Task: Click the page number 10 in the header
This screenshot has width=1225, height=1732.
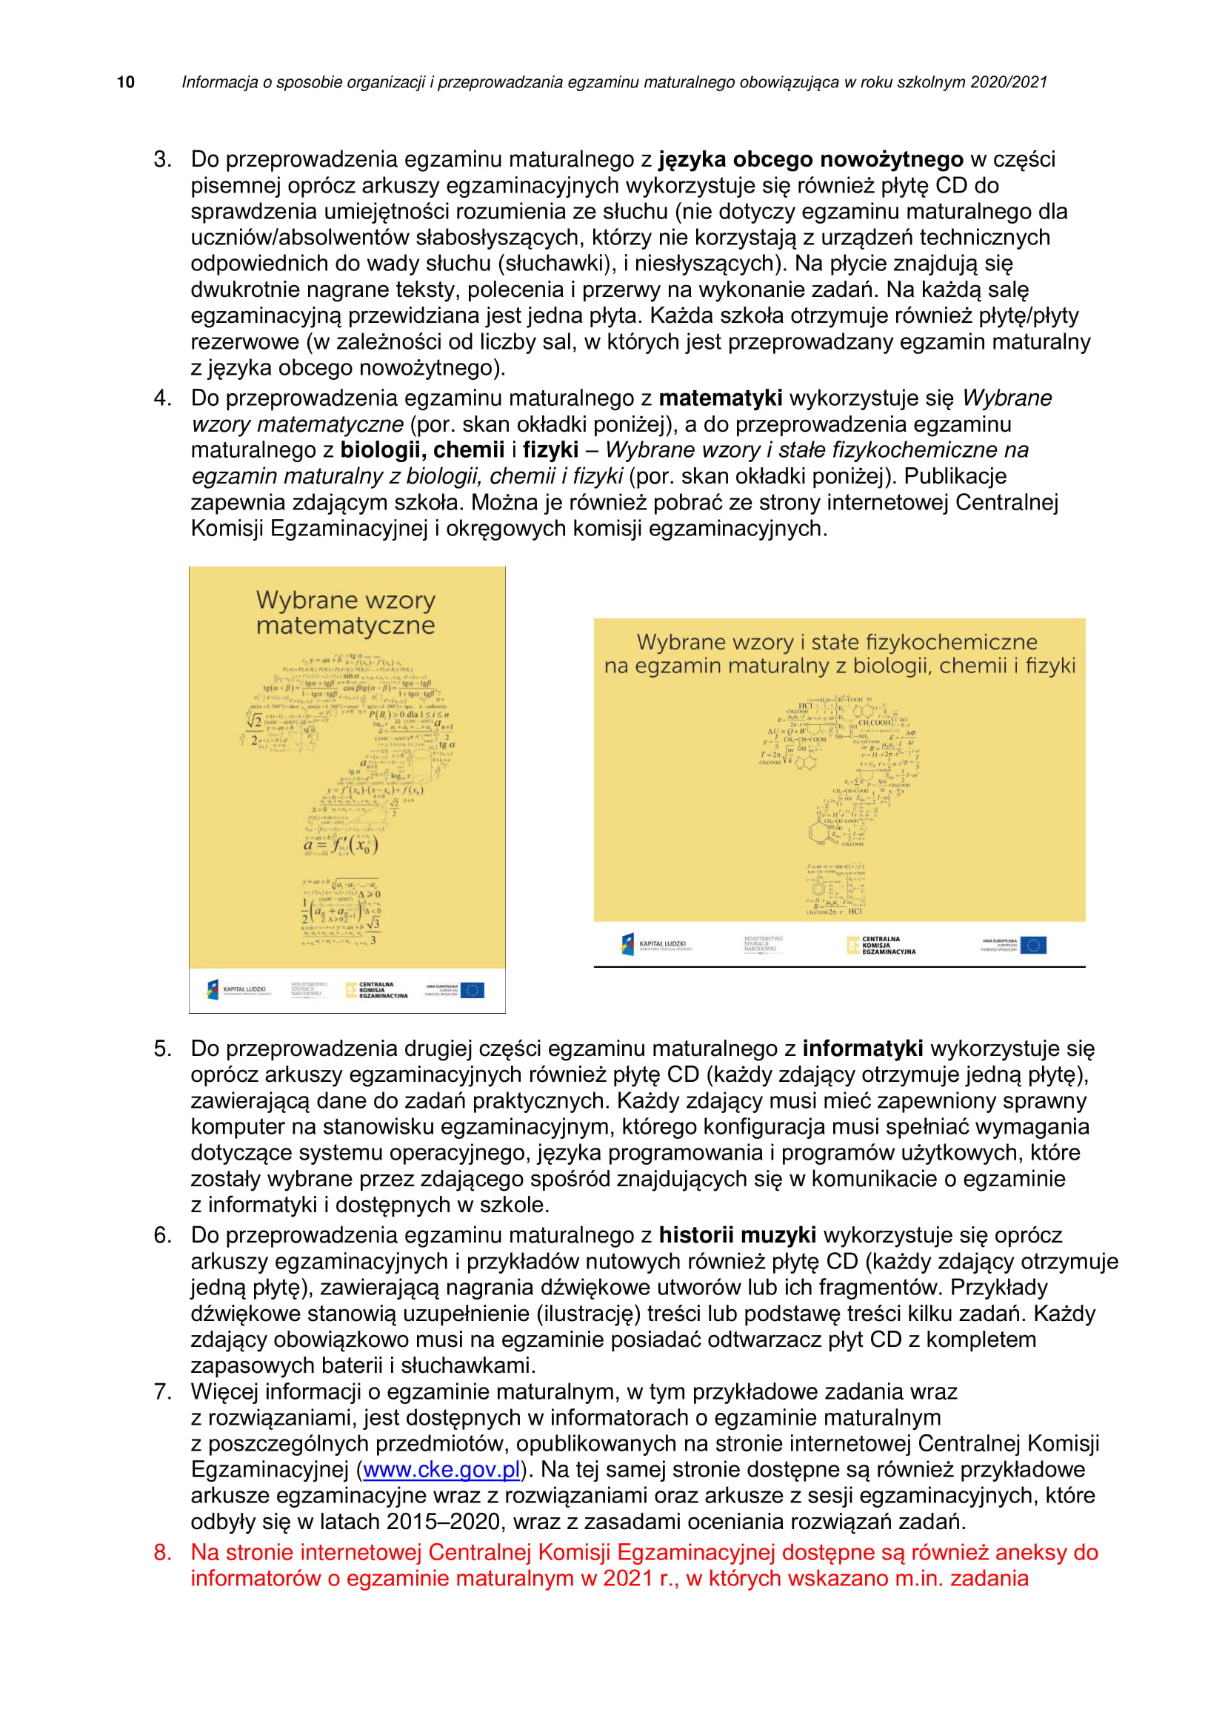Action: tap(126, 82)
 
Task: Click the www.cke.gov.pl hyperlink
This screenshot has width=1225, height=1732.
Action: tap(441, 1469)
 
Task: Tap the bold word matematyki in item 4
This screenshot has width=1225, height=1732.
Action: tap(721, 398)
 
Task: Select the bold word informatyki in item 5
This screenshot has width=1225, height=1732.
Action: tap(862, 1049)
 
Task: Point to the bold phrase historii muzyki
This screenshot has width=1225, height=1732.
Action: tap(737, 1235)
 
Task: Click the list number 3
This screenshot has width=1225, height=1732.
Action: tap(162, 159)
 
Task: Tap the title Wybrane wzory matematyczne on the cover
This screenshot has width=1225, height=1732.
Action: tap(345, 612)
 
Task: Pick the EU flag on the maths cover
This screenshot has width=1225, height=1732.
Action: tap(473, 990)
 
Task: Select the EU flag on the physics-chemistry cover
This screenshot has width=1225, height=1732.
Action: tap(1032, 945)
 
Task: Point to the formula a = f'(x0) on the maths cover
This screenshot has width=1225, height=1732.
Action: tap(340, 846)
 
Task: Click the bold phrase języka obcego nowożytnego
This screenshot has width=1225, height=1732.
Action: tap(811, 159)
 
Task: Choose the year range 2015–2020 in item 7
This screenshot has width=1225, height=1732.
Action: tap(444, 1522)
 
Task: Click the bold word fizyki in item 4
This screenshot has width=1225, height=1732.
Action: tap(550, 449)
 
